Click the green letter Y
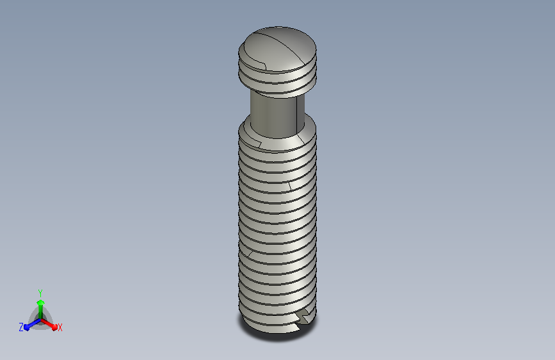[x=40, y=293]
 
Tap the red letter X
[x=60, y=328]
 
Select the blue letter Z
[x=21, y=327]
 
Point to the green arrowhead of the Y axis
[x=40, y=303]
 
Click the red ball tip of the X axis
[x=54, y=327]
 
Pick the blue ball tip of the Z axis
[x=27, y=328]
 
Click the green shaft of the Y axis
[x=40, y=312]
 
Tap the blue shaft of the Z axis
[x=34, y=323]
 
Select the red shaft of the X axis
[x=47, y=323]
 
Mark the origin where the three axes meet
[x=40, y=320]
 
